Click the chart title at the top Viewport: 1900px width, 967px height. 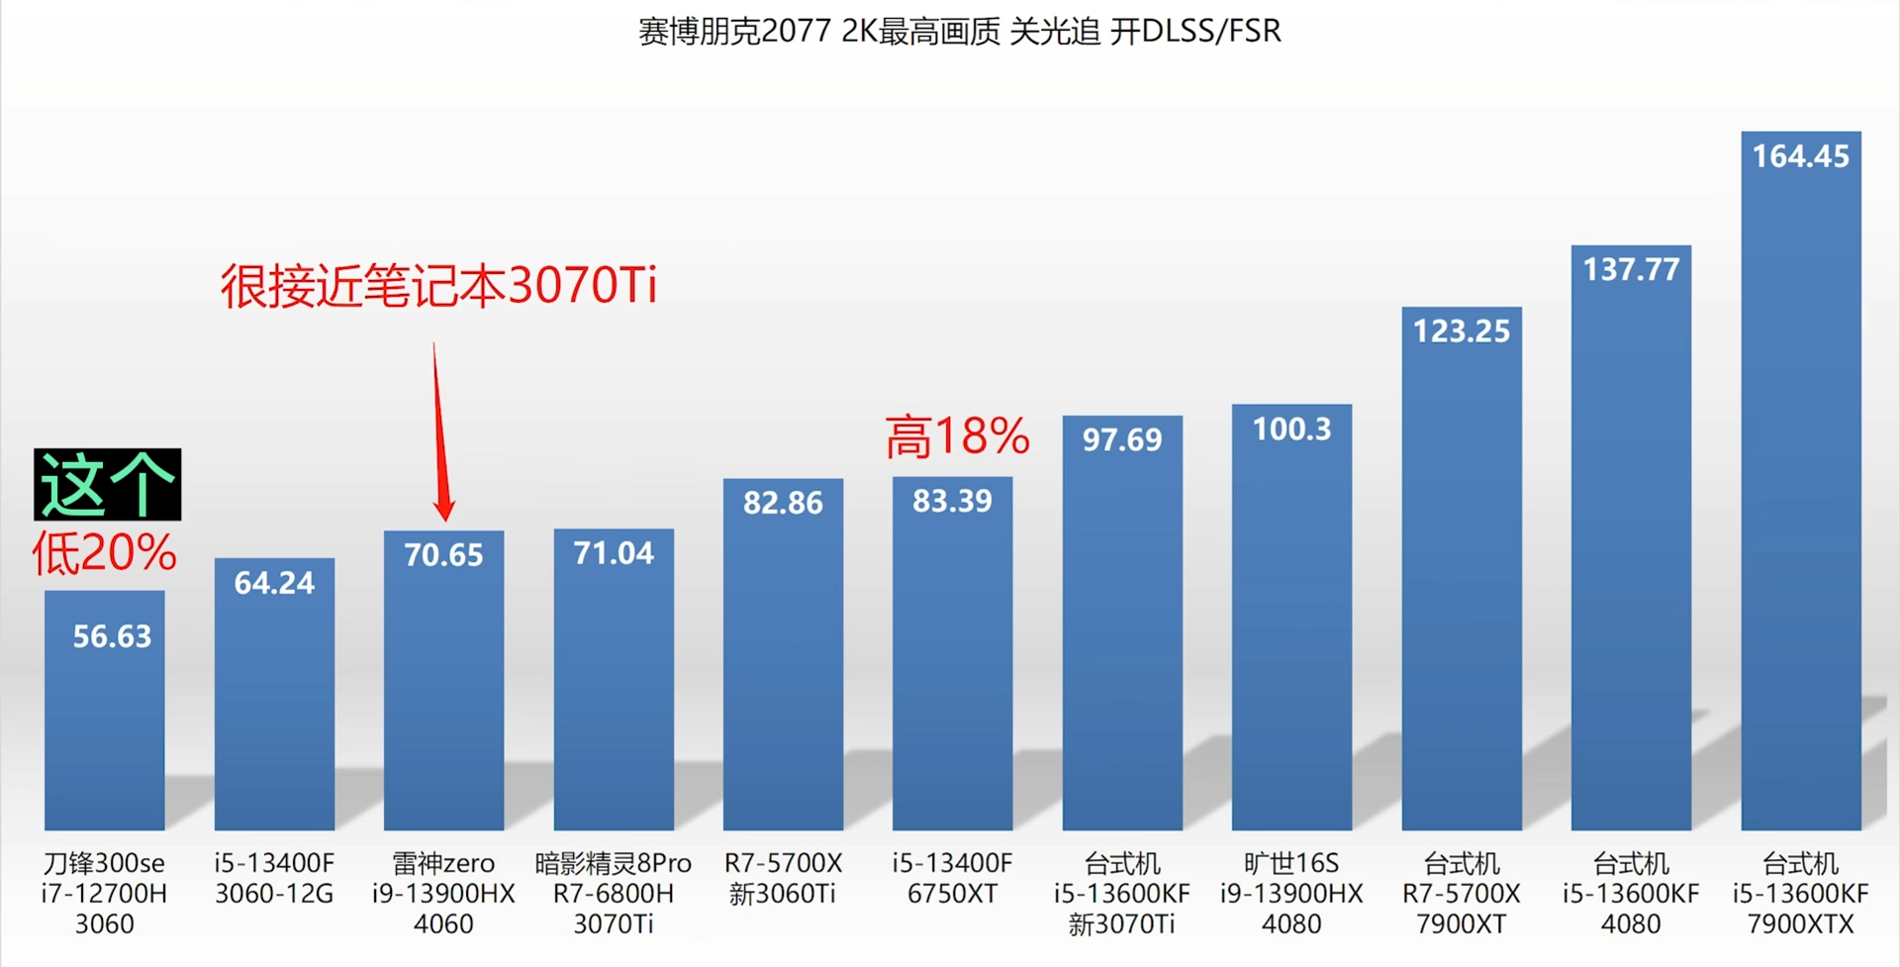pos(959,32)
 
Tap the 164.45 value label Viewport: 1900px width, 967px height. pos(1800,156)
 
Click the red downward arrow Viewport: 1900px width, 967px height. pos(440,435)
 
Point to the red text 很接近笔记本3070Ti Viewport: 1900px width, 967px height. pos(438,286)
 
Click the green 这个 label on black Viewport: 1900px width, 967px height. pos(107,484)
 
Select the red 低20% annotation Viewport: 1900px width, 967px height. pos(104,552)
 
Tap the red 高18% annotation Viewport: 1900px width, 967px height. pos(957,436)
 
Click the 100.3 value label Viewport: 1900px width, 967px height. pos(1291,430)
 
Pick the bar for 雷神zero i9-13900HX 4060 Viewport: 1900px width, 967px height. pos(443,693)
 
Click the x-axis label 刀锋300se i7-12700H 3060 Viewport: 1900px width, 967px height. pos(104,893)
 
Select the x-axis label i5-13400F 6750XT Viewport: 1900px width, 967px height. pos(952,878)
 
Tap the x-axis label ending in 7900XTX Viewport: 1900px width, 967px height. pos(1800,893)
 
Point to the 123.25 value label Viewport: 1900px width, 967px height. pos(1462,331)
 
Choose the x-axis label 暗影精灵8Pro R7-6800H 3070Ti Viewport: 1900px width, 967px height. pos(614,893)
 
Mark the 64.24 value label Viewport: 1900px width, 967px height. pos(274,583)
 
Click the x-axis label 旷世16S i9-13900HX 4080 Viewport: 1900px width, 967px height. pos(1291,893)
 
